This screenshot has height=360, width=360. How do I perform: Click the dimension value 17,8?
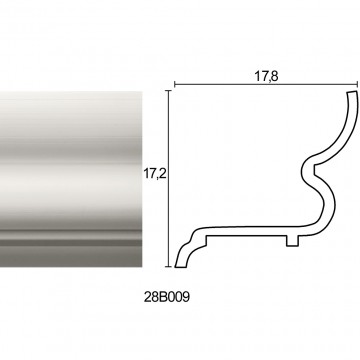[x=266, y=76]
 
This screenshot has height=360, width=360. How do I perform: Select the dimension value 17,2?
[x=155, y=174]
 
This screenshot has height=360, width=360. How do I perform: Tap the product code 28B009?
[x=167, y=297]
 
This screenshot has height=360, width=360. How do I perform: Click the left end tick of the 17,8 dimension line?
[x=175, y=85]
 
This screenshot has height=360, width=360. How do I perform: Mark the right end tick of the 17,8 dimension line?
[x=357, y=85]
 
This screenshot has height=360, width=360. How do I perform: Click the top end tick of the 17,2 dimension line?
[x=169, y=91]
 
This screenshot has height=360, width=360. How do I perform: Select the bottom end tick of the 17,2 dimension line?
[x=169, y=267]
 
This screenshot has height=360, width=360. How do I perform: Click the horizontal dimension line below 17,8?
[x=266, y=85]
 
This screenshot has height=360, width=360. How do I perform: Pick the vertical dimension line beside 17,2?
[x=169, y=179]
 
